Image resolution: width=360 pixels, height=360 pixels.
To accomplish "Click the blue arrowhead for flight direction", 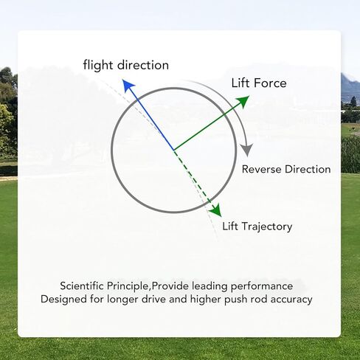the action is [x=128, y=85].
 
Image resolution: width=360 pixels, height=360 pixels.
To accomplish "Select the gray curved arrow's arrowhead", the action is [x=246, y=150].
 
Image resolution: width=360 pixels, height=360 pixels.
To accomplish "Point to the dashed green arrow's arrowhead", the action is [x=215, y=210].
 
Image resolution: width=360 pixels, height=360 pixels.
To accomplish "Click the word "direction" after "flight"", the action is [x=143, y=65].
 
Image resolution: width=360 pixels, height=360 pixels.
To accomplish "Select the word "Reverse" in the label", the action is [x=262, y=170].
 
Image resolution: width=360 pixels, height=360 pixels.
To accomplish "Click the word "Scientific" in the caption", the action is [x=82, y=286].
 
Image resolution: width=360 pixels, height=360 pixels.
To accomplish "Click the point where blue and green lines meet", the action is [x=173, y=150].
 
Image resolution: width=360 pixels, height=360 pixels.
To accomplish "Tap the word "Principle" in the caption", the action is [x=128, y=286].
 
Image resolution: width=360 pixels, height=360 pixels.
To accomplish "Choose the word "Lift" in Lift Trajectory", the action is [x=230, y=226].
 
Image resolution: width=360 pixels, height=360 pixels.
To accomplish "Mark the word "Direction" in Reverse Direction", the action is [x=308, y=170].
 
